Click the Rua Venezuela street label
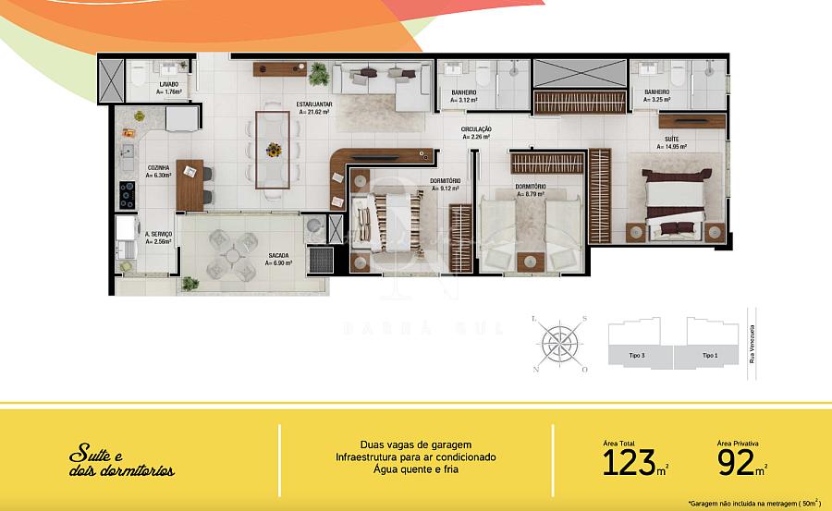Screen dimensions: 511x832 point(752,343)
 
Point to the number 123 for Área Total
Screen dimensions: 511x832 point(634,462)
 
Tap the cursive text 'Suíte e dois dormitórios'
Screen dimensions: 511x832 point(120,464)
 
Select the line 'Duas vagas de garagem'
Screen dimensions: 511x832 point(415,444)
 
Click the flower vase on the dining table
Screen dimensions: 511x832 point(274,149)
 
